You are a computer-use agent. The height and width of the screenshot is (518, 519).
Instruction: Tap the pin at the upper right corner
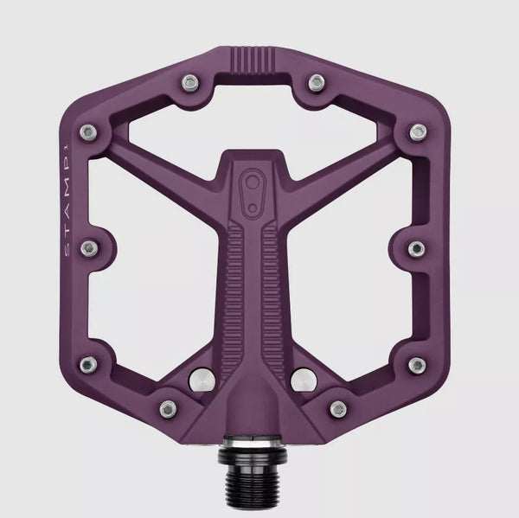pyautogui.click(x=419, y=131)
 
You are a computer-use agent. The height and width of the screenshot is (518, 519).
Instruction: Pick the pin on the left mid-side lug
pyautogui.click(x=86, y=247)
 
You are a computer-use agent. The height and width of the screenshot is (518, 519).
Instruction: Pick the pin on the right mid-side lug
pyautogui.click(x=417, y=247)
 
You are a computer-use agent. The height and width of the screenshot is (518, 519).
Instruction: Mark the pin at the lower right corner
pyautogui.click(x=417, y=362)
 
